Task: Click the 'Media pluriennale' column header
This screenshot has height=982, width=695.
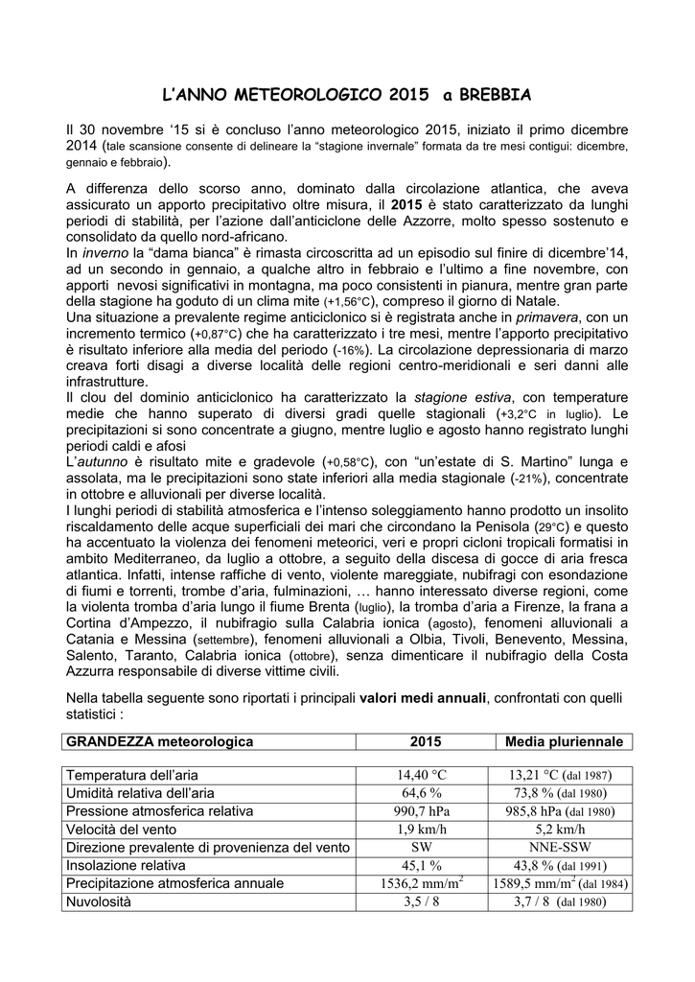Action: pos(564,742)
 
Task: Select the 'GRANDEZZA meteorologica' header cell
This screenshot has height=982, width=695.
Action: pos(159,742)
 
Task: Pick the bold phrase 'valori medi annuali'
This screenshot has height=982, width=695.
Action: pos(423,697)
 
